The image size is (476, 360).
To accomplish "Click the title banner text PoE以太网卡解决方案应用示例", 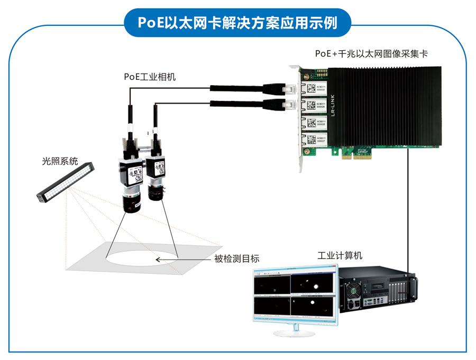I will click(x=237, y=22).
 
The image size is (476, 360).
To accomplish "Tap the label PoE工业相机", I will click(x=150, y=77).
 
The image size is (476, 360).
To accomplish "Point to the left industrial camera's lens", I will click(x=131, y=203).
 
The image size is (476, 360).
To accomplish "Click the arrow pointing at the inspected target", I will click(x=166, y=259).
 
